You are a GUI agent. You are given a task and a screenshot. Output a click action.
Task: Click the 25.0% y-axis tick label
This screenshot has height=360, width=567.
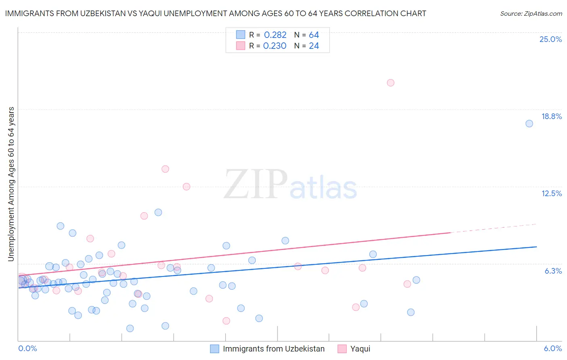pyautogui.click(x=550, y=39)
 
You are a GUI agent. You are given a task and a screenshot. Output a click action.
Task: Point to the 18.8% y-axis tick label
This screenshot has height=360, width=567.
pyautogui.click(x=551, y=116)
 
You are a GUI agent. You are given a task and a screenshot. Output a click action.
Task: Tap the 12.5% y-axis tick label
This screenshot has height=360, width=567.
pyautogui.click(x=551, y=193)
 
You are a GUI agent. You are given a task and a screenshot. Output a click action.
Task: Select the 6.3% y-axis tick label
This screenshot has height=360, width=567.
pyautogui.click(x=553, y=271)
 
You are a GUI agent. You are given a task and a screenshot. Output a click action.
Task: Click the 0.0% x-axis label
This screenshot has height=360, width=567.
pyautogui.click(x=27, y=348)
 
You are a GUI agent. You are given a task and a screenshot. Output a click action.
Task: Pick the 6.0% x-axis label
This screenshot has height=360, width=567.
pyautogui.click(x=552, y=348)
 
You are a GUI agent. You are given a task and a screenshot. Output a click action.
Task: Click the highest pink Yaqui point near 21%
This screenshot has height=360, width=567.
pyautogui.click(x=390, y=83)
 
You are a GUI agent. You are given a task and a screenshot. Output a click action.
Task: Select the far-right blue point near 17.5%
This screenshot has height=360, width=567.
pyautogui.click(x=529, y=123)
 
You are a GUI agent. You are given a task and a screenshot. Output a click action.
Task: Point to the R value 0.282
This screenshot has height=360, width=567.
pyautogui.click(x=275, y=35)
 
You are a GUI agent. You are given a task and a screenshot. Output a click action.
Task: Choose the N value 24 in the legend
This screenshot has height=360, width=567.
pyautogui.click(x=314, y=46)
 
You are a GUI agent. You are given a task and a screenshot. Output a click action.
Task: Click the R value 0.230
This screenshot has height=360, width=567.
pyautogui.click(x=275, y=46)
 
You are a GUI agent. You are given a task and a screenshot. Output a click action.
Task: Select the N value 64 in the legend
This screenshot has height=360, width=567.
pyautogui.click(x=314, y=35)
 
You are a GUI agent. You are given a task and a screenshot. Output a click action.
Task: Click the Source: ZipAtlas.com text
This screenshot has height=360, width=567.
pyautogui.click(x=531, y=14)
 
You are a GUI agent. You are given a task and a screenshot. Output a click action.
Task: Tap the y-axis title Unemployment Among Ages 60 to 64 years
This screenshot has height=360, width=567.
pyautogui.click(x=11, y=184)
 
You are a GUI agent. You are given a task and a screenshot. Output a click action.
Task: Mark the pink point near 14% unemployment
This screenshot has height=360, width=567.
pyautogui.click(x=165, y=169)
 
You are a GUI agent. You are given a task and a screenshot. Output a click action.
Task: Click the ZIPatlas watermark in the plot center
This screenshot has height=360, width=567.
pyautogui.click(x=290, y=185)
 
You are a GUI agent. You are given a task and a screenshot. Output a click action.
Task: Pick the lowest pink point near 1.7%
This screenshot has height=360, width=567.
pyautogui.click(x=226, y=321)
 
